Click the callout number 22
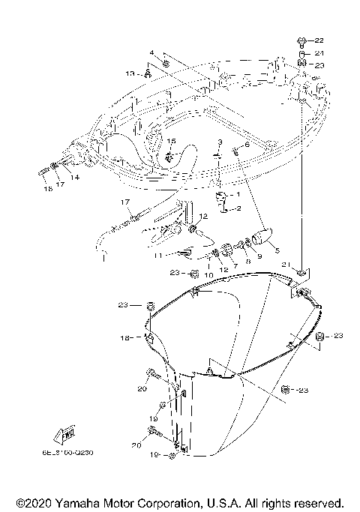point(319,40)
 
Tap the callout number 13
point(130,73)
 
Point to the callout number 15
point(171,141)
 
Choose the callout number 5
point(277,250)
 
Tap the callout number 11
point(157,256)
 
